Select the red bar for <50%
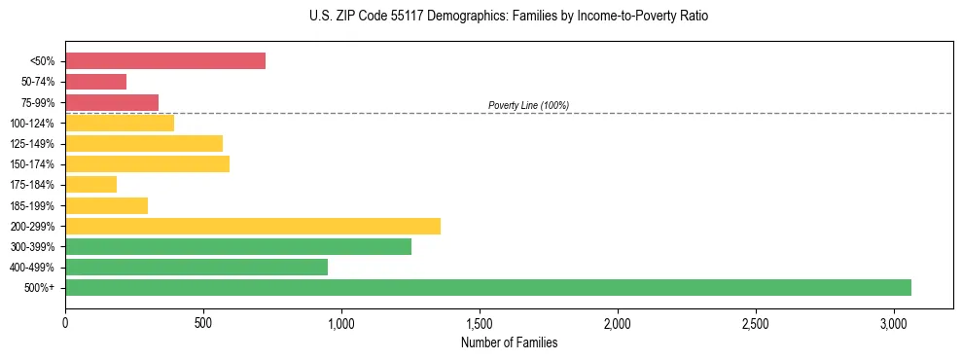pos(165,61)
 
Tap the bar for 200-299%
pos(253,226)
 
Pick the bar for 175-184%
pos(91,184)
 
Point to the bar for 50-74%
pos(96,82)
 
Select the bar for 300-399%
pos(238,246)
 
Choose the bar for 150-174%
pos(148,163)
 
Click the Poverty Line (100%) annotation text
pos(528,105)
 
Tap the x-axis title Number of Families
pos(509,342)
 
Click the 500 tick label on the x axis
pos(203,323)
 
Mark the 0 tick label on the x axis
pos(65,323)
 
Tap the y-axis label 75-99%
pos(38,103)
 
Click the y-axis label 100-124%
pos(33,124)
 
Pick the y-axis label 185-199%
pos(33,205)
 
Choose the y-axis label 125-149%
pos(33,144)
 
